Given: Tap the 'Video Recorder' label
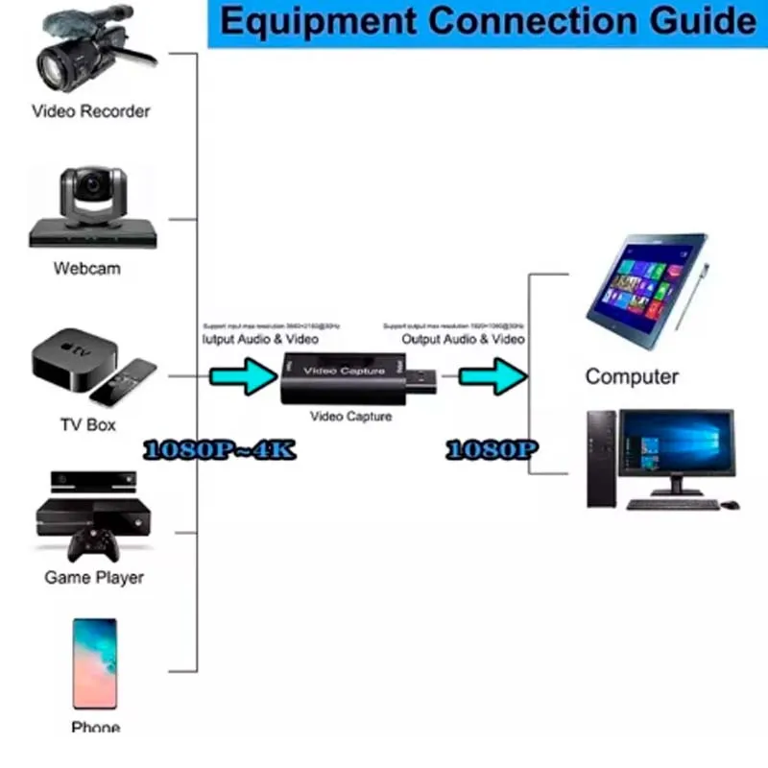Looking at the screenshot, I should tap(91, 111).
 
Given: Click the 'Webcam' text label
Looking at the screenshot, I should tap(87, 269).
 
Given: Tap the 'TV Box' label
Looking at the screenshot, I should tap(87, 423).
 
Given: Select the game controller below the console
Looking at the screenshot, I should tap(93, 548).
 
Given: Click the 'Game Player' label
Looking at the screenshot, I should tap(94, 578).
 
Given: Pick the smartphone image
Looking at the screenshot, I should tap(95, 661).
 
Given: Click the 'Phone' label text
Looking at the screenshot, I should tap(95, 727).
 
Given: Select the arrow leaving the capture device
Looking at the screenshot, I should tap(490, 375).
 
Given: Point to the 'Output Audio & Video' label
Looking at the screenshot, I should tap(463, 339).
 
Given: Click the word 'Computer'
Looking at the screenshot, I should tap(632, 376).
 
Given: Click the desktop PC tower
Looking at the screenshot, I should tap(602, 458).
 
